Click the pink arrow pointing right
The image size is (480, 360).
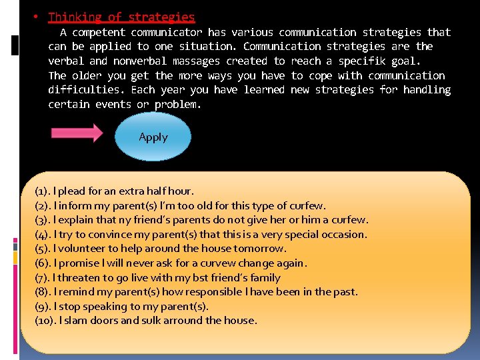77,132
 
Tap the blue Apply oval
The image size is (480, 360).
153,137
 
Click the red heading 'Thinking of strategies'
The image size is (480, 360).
121,17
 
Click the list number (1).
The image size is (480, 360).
43,191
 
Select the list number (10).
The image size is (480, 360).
46,321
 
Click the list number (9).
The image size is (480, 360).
43,307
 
